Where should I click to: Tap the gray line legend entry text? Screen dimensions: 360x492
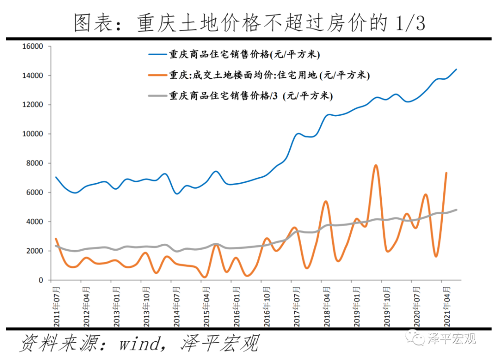[251, 96]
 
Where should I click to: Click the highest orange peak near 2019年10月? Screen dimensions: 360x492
[376, 165]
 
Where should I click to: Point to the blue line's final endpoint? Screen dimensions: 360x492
[456, 69]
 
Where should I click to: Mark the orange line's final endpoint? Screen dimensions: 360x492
[446, 173]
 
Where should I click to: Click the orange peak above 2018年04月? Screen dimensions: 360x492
[326, 201]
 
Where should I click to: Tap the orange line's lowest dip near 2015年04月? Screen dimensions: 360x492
[206, 277]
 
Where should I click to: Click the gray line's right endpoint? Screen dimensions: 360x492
[456, 210]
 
